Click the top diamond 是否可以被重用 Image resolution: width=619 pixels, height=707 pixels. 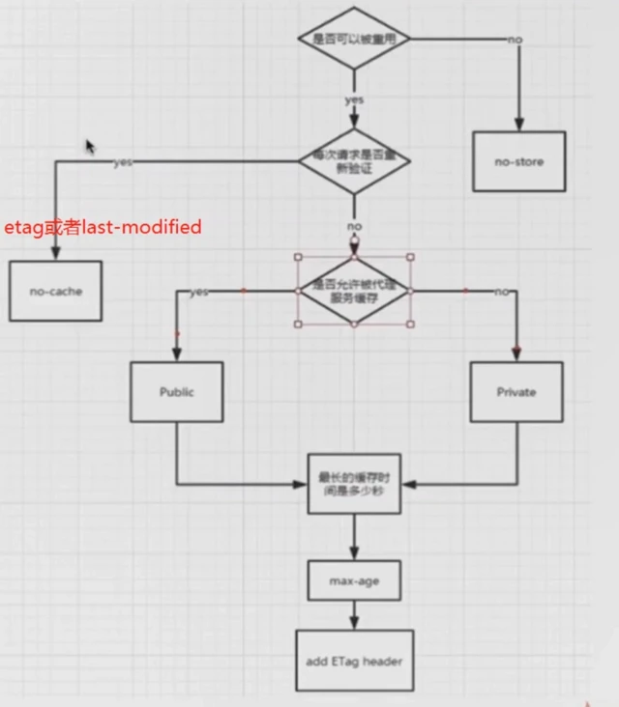(x=355, y=39)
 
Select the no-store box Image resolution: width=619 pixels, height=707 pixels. (x=518, y=161)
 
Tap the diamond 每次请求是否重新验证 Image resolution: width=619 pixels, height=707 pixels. (x=354, y=160)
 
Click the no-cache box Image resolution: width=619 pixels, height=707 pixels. (x=55, y=290)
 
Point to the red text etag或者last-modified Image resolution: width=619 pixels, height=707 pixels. (x=103, y=228)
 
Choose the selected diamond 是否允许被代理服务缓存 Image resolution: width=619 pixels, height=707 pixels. (x=354, y=291)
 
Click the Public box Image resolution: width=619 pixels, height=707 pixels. (x=176, y=392)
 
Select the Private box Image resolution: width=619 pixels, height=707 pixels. (x=516, y=392)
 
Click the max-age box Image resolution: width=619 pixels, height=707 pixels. (x=354, y=580)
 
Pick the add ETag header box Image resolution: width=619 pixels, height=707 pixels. (x=354, y=662)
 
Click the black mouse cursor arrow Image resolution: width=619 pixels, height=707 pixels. (x=90, y=146)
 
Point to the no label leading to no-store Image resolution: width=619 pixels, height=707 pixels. (x=515, y=39)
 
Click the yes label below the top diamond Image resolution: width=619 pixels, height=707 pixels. (x=354, y=100)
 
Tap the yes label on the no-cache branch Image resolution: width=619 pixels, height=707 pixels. (x=123, y=162)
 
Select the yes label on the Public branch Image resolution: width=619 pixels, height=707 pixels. (x=199, y=292)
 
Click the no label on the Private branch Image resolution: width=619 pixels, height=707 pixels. (x=501, y=292)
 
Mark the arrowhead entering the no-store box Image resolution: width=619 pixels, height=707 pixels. (x=518, y=125)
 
